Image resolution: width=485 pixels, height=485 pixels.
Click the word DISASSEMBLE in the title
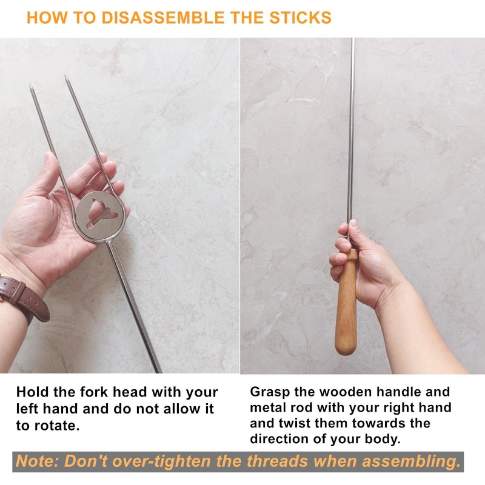(162, 18)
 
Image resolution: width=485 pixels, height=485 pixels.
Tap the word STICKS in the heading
(300, 18)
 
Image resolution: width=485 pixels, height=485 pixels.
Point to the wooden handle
(346, 303)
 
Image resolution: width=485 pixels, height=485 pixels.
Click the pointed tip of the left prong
(31, 85)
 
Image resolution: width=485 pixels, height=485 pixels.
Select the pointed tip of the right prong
(66, 76)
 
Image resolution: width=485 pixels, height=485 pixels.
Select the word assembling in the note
(412, 462)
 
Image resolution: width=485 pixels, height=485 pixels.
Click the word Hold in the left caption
(33, 392)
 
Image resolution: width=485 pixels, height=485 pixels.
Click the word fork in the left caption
(94, 392)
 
